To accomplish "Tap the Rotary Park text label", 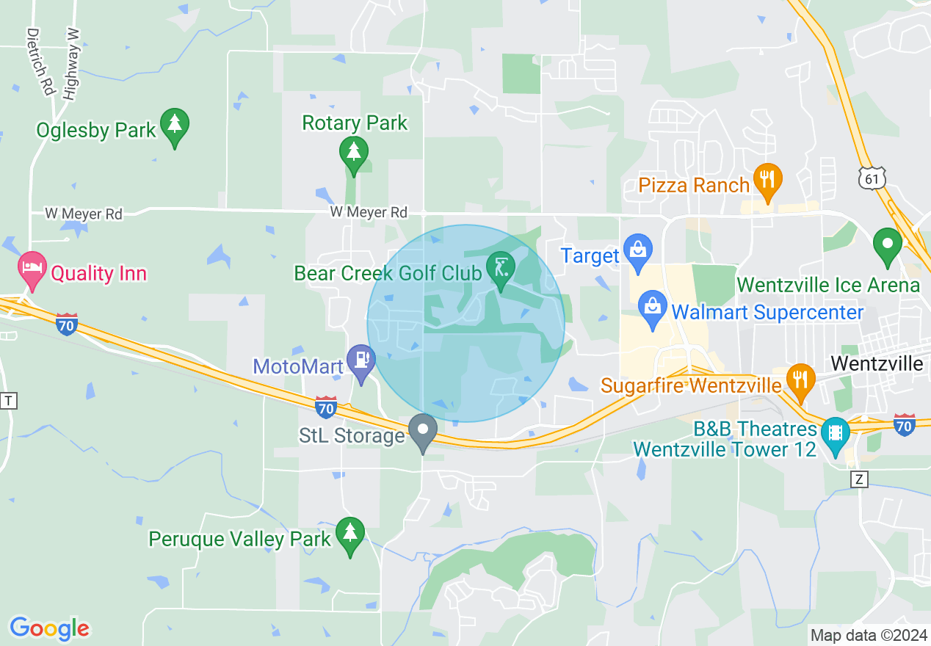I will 355,123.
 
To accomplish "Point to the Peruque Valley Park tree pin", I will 349,534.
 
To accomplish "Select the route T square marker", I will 8,400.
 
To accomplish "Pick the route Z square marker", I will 861,479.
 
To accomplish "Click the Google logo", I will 49,628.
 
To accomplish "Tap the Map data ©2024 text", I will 868,634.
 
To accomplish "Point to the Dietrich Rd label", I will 41,62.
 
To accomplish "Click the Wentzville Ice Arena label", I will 827,285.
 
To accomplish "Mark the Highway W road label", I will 70,65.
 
